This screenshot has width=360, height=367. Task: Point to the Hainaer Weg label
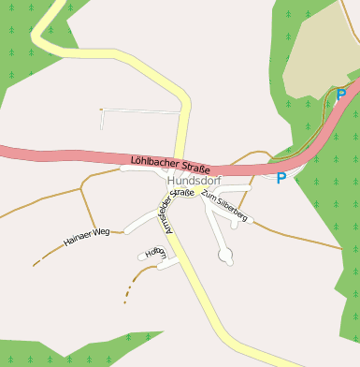[x=87, y=236]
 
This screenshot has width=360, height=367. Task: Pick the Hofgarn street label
[x=156, y=253]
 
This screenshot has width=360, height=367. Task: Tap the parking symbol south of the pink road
[x=281, y=178]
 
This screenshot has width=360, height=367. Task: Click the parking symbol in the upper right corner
[x=341, y=95]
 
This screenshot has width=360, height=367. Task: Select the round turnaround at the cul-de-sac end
[x=224, y=255]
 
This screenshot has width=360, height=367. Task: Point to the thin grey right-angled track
[x=140, y=111]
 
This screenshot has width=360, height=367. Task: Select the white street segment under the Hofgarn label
[x=166, y=263]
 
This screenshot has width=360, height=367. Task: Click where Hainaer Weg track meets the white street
[x=124, y=231]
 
